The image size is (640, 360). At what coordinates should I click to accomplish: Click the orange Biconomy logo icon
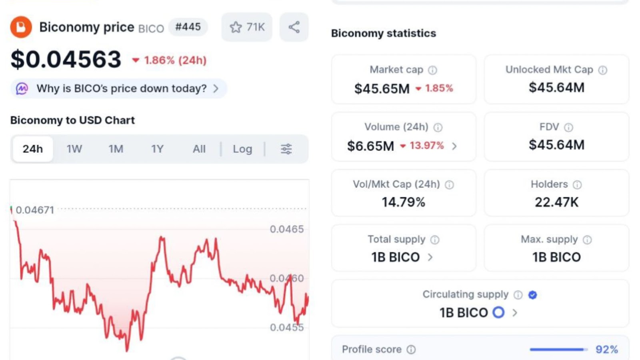[21, 27]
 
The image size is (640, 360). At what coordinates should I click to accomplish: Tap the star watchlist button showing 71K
[247, 27]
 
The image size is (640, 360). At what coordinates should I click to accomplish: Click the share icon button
[294, 27]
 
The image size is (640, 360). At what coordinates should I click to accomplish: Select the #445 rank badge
[188, 27]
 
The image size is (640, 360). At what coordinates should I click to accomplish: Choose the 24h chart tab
[33, 149]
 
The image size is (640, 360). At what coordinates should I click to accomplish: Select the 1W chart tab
[74, 149]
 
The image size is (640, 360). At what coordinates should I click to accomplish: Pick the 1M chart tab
[116, 149]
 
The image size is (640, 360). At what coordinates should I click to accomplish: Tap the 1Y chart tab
[157, 149]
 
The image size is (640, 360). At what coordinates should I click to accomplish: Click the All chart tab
[199, 149]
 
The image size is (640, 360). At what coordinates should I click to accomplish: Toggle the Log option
[242, 149]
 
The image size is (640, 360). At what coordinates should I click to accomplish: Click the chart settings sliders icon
[286, 149]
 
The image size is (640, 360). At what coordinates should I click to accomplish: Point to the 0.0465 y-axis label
[286, 229]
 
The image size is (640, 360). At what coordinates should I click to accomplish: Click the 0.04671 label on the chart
[35, 210]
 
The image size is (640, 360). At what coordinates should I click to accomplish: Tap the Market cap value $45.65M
[382, 88]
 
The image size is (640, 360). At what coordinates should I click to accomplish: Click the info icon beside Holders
[577, 185]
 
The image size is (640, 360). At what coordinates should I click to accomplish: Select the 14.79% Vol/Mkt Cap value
[403, 202]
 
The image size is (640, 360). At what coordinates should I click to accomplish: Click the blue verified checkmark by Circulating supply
[532, 295]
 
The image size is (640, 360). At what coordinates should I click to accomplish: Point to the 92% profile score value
[606, 350]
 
